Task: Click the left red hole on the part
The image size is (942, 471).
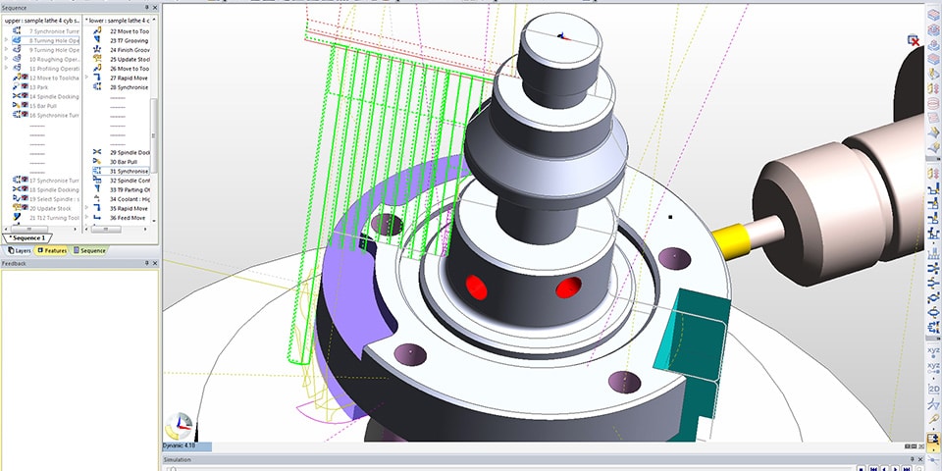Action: pyautogui.click(x=476, y=288)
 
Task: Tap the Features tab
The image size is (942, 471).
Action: pyautogui.click(x=51, y=251)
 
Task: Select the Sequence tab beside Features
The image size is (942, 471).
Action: pyautogui.click(x=89, y=251)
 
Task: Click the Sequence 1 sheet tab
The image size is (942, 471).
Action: pyautogui.click(x=27, y=238)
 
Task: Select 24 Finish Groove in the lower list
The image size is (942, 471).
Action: pyautogui.click(x=129, y=49)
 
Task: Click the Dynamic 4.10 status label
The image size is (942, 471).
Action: pyautogui.click(x=181, y=446)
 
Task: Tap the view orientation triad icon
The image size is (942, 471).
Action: pyautogui.click(x=180, y=426)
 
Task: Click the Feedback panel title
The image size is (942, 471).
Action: pyautogui.click(x=15, y=264)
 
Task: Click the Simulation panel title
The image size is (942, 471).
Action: pyautogui.click(x=178, y=458)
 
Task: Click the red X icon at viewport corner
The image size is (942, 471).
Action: pyautogui.click(x=914, y=40)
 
